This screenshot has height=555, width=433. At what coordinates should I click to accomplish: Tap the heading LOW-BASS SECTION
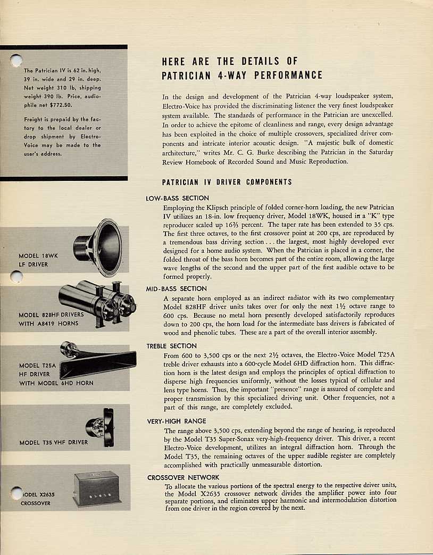[x=177, y=198]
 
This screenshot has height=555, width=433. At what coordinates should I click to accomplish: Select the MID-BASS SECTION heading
[x=176, y=289]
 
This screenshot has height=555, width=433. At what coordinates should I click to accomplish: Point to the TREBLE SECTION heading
[x=172, y=346]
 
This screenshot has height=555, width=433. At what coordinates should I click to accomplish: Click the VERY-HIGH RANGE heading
[x=176, y=421]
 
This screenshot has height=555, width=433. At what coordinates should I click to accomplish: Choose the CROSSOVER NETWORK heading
[x=183, y=477]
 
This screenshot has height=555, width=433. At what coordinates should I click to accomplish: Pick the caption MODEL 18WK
[x=38, y=256]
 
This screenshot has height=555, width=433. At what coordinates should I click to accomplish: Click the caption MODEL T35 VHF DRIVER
[x=53, y=442]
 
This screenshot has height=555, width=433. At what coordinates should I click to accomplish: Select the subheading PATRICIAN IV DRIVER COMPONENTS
[x=227, y=182]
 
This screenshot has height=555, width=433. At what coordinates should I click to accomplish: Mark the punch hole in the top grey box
[x=16, y=61]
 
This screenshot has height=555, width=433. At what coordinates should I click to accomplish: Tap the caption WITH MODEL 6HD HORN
[x=55, y=383]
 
